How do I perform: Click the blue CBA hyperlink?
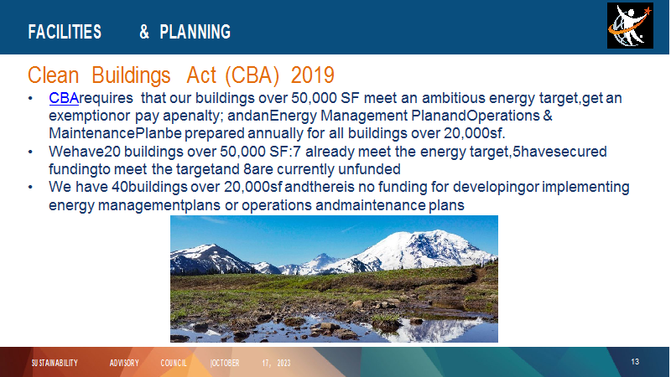(x=64, y=98)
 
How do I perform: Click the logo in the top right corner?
(x=630, y=26)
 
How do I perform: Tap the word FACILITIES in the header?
(x=65, y=32)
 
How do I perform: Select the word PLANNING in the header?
(x=195, y=32)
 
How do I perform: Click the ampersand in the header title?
(x=144, y=32)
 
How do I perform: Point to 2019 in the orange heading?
(x=312, y=75)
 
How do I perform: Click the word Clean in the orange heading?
(x=53, y=75)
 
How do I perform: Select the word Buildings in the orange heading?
(x=131, y=76)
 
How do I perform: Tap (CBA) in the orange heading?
(x=252, y=75)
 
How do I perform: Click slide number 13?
(x=635, y=362)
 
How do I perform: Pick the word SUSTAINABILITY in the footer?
(x=55, y=363)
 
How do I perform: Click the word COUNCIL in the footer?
(x=174, y=363)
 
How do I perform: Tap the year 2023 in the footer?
(x=283, y=363)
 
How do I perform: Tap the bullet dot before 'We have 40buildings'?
(x=30, y=187)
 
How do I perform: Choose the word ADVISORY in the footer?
(x=124, y=363)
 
